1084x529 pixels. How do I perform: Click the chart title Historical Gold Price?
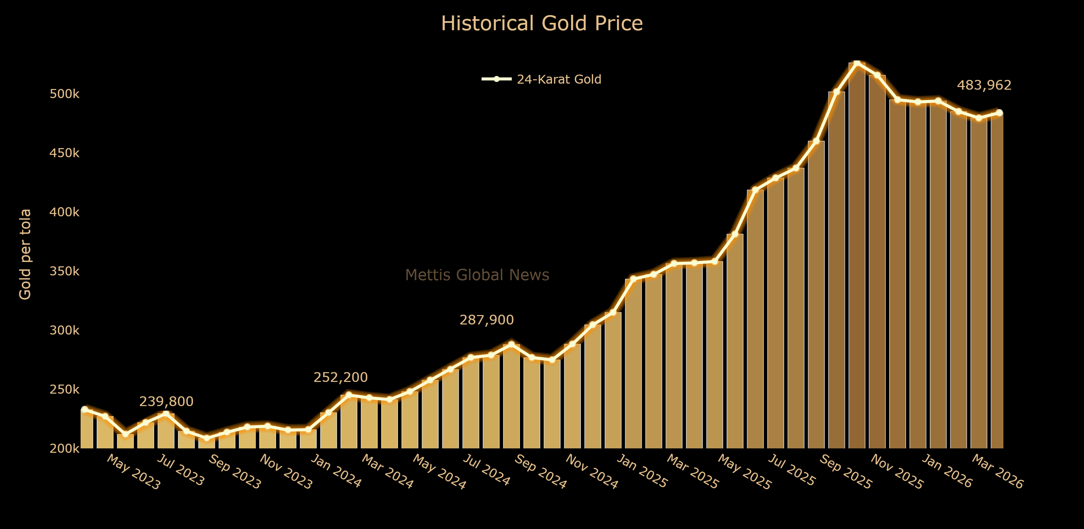click(x=542, y=24)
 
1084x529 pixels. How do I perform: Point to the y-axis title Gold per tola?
click(x=25, y=254)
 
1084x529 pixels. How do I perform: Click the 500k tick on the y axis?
click(x=64, y=94)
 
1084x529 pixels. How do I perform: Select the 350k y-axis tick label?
click(x=64, y=271)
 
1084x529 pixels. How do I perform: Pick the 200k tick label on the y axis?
click(x=64, y=449)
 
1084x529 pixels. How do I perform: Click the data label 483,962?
click(x=984, y=85)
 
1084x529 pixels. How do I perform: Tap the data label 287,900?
click(x=487, y=320)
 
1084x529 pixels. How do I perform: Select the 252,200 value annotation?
click(x=341, y=378)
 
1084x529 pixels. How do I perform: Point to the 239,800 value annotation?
click(x=166, y=402)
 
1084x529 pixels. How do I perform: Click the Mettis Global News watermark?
click(x=477, y=275)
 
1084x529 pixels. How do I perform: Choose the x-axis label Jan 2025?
click(x=642, y=471)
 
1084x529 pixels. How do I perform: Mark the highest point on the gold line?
click(x=857, y=63)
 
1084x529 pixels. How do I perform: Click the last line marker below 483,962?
click(x=999, y=113)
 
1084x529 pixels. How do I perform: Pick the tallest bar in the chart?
click(x=857, y=253)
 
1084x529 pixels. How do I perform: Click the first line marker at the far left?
click(x=85, y=409)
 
